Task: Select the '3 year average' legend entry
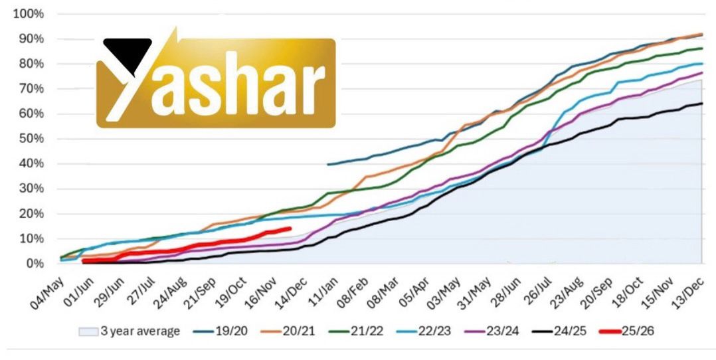[130, 331]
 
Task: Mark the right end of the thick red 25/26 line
[290, 228]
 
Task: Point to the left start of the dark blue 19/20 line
[328, 164]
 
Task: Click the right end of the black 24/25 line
[702, 103]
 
